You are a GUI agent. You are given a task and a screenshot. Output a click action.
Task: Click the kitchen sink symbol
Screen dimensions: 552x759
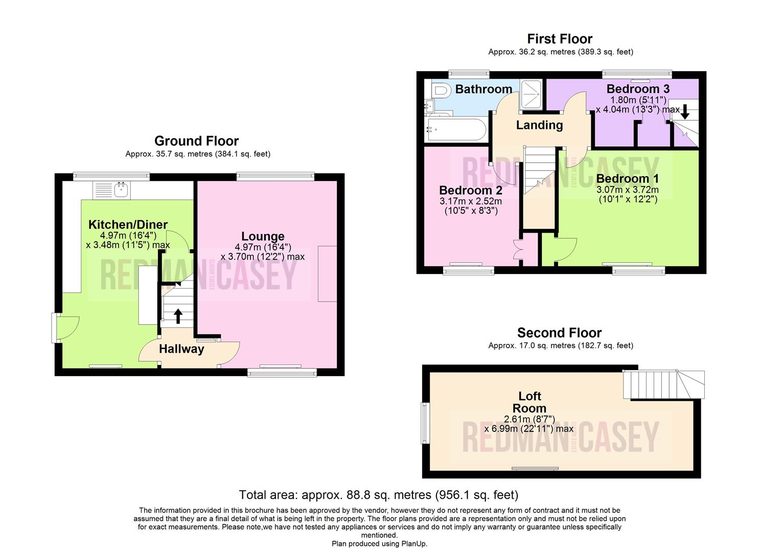coord(112,190)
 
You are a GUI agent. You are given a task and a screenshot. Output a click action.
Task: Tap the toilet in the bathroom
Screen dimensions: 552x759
coord(440,91)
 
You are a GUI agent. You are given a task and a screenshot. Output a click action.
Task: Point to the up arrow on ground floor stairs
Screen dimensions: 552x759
coord(178,316)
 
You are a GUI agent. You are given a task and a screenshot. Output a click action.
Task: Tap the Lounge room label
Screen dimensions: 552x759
coord(263,236)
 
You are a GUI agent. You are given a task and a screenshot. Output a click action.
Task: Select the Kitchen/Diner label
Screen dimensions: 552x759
coord(128,224)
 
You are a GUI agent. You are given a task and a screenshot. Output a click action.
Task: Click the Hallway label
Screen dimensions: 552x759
coord(181,349)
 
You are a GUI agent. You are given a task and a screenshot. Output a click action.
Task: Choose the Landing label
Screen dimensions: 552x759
coord(539,125)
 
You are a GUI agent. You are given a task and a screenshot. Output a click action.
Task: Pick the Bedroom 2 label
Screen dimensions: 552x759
coord(470,191)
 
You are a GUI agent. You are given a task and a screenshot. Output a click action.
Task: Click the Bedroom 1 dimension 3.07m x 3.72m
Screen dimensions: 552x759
coord(628,190)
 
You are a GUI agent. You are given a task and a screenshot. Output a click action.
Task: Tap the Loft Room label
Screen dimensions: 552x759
coord(530,402)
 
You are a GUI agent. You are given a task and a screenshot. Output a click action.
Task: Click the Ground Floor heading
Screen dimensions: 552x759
coord(197,141)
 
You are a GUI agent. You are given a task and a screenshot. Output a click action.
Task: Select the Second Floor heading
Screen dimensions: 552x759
coord(559,333)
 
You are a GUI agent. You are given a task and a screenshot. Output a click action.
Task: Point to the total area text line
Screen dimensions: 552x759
coord(379,495)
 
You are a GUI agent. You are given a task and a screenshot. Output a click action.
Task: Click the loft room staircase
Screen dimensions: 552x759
coord(662,385)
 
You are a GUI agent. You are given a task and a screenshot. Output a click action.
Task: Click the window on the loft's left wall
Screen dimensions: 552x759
coord(424,423)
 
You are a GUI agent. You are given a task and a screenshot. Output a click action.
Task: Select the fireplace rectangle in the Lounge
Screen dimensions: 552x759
coord(327,273)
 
